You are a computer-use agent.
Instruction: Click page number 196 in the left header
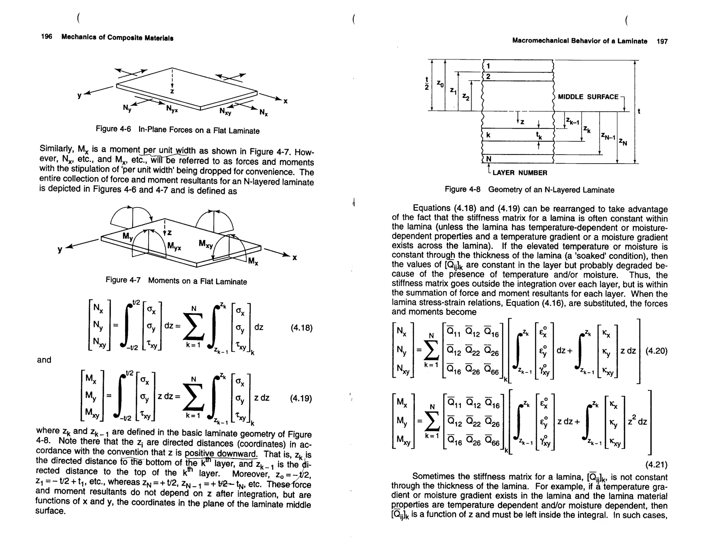pyautogui.click(x=46, y=37)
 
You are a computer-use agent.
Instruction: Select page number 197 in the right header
pyautogui.click(x=662, y=42)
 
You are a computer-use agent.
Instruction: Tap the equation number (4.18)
pyautogui.click(x=302, y=328)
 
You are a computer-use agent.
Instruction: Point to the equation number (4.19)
pyautogui.click(x=301, y=399)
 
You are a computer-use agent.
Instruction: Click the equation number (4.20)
pyautogui.click(x=656, y=351)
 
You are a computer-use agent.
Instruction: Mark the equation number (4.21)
pyautogui.click(x=656, y=465)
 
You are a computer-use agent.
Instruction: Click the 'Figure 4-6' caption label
pyautogui.click(x=113, y=129)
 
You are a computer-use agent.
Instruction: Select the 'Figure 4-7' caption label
pyautogui.click(x=123, y=280)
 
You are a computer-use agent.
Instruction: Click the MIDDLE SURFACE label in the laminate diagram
pyautogui.click(x=588, y=97)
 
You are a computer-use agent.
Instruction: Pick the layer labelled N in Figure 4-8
pyautogui.click(x=488, y=159)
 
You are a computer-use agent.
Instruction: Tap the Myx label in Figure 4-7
pyautogui.click(x=174, y=246)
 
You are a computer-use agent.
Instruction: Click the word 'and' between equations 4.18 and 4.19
pyautogui.click(x=44, y=360)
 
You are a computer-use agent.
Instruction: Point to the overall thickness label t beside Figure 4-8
pyautogui.click(x=639, y=111)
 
